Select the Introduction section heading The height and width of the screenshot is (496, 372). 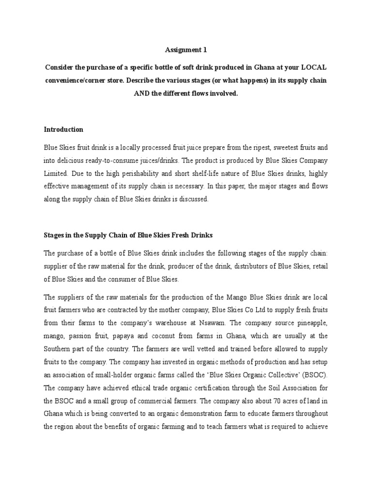63,129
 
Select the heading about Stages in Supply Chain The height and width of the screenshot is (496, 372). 128,235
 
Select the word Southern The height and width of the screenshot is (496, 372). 59,348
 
